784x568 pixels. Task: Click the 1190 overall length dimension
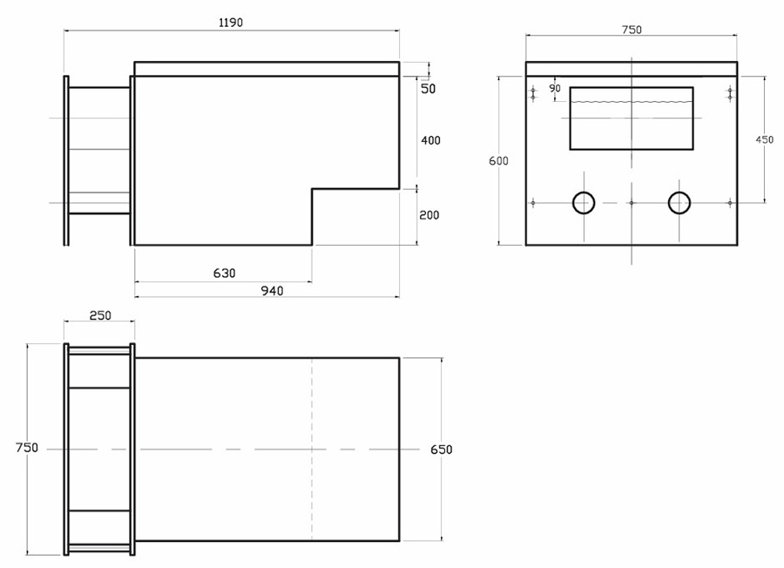pos(231,23)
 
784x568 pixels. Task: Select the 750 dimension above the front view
pos(632,30)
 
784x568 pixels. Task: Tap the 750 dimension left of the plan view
pos(27,448)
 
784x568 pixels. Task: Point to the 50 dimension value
pos(429,89)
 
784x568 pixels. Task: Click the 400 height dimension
pos(429,140)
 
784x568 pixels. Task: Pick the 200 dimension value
pos(429,215)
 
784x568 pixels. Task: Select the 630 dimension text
pos(224,274)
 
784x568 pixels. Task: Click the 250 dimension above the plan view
pos(100,315)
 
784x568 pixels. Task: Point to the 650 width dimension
pos(442,450)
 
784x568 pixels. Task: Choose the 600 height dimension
pos(498,161)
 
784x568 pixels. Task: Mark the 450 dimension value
pos(764,139)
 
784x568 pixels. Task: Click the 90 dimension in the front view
pos(555,88)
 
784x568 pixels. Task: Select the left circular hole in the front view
pos(583,203)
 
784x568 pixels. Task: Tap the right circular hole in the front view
pos(679,203)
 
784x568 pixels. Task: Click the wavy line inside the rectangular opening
pos(632,102)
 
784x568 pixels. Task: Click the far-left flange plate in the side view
pos(66,161)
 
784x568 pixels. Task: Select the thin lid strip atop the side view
pos(267,69)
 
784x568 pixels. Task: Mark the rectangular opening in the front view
pos(632,131)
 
